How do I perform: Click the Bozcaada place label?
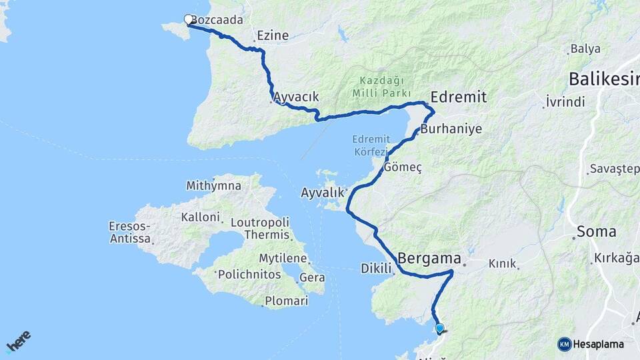[x=217, y=21]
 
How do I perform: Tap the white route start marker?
[x=188, y=20]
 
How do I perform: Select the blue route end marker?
[x=439, y=328]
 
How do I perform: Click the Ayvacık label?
[x=296, y=97]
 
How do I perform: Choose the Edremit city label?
[x=459, y=97]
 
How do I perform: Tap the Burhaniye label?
[x=451, y=129]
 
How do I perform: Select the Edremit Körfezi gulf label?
[x=370, y=145]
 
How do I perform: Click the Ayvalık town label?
[x=323, y=193]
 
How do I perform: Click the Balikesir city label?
[x=603, y=79]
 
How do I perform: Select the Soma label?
[x=596, y=232]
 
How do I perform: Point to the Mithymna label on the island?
[x=214, y=185]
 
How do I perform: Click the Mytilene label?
[x=283, y=258]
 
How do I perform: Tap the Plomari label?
[x=287, y=301]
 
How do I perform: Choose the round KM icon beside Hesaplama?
[x=565, y=344]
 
